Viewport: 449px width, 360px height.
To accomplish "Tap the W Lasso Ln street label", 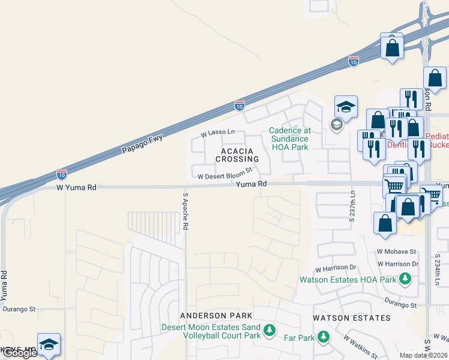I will pos(218,132).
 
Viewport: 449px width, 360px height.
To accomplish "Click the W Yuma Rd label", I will pos(76,187).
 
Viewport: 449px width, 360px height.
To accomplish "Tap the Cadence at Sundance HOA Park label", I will pos(289,139).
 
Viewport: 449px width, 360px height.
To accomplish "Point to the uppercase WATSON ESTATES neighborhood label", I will pos(352,318).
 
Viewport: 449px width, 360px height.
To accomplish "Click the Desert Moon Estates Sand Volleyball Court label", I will pos(211,331).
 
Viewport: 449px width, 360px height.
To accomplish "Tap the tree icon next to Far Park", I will pos(324,337).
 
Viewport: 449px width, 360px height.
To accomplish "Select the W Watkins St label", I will pos(360,347).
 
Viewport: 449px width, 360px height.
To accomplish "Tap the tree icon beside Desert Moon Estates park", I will pos(270,329).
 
